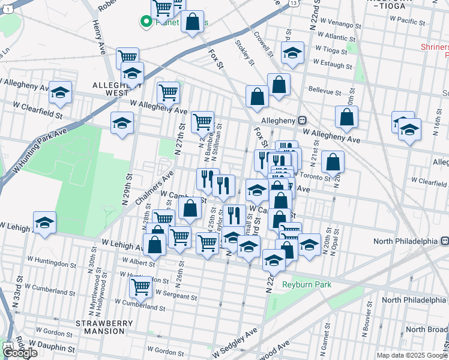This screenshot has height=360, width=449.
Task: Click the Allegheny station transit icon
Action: (303, 121)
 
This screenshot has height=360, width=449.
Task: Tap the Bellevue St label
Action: (324, 93)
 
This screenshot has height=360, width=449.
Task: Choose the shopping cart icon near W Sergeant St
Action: (140, 287)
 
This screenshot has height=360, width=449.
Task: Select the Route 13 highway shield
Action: (293, 4)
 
